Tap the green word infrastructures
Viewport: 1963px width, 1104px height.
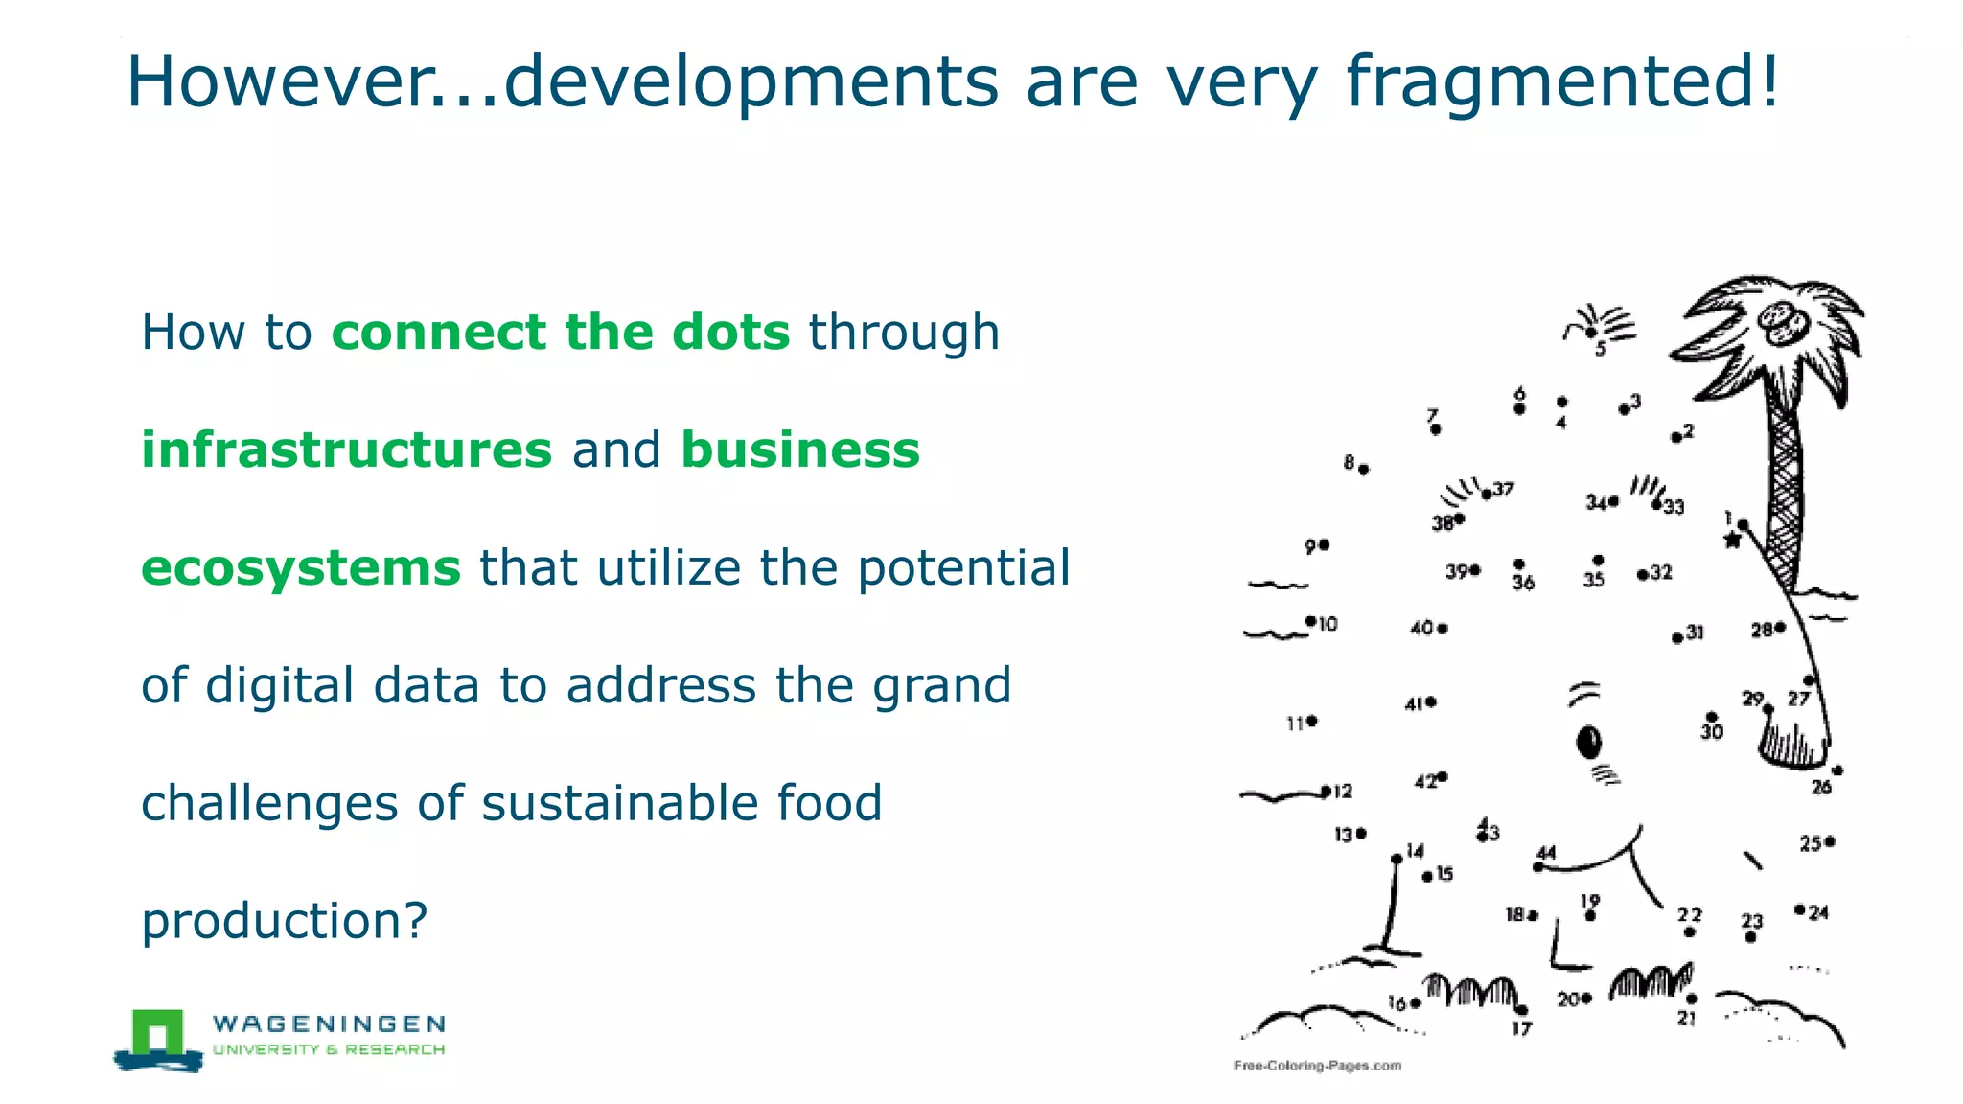pos(347,449)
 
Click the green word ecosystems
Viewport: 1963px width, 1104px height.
pos(301,567)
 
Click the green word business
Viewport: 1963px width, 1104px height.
pos(800,449)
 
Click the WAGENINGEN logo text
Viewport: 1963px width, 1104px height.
pos(329,1023)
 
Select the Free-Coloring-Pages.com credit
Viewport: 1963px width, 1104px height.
pos(1317,1066)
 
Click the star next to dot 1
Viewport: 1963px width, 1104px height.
pos(1732,540)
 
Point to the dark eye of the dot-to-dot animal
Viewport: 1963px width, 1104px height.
pos(1589,742)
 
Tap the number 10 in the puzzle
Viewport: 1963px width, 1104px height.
pos(1328,625)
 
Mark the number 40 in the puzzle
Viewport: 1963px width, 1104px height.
pos(1420,628)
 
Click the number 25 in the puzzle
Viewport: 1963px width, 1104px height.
pos(1810,843)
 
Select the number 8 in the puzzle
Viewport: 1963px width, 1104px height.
pos(1349,463)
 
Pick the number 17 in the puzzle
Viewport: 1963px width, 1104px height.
pos(1522,1029)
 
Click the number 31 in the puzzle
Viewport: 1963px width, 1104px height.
pos(1696,632)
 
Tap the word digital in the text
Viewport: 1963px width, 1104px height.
pos(281,685)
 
